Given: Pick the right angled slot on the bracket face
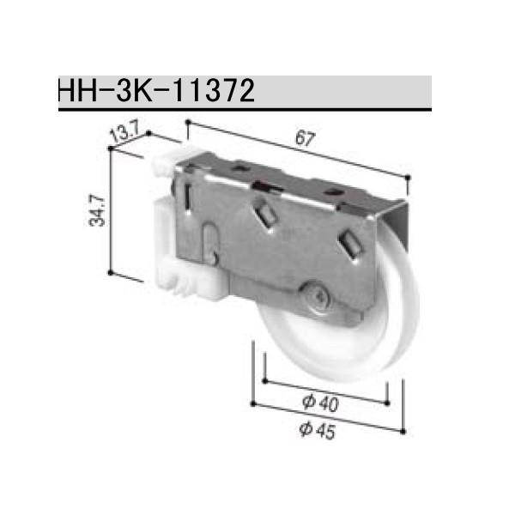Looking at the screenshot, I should (350, 244).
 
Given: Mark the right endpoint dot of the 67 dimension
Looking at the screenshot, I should (408, 177).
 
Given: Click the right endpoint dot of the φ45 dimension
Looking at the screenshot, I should (401, 431).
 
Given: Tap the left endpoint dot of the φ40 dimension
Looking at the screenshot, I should (266, 379).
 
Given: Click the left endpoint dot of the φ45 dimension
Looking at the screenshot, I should (255, 400).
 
